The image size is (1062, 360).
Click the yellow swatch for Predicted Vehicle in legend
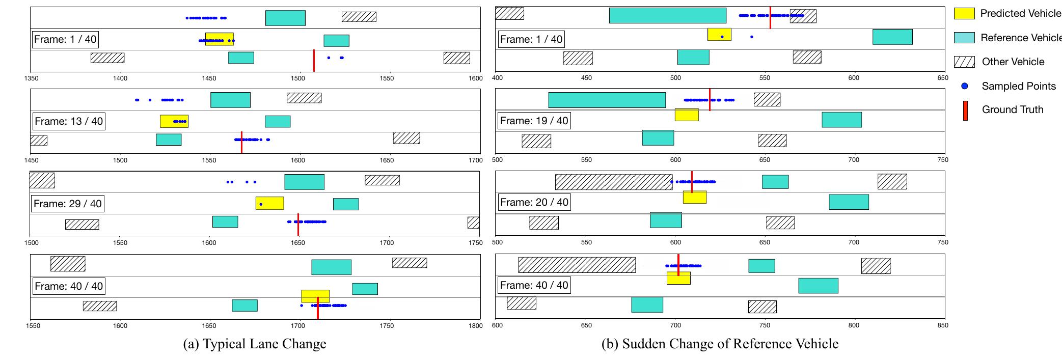coord(964,14)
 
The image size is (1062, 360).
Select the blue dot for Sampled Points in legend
coord(964,86)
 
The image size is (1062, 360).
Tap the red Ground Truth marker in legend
coord(965,110)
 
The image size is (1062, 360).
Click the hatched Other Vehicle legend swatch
coord(964,62)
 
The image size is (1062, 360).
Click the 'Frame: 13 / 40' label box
coord(69,121)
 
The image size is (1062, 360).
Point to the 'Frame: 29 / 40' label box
coord(68,204)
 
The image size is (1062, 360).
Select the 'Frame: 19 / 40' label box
coord(534,121)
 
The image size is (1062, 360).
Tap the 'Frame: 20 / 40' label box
coord(534,202)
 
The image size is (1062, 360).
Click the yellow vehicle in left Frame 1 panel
coord(220,39)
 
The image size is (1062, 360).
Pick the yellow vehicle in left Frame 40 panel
coord(315,296)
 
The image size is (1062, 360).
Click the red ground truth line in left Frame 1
coord(314,61)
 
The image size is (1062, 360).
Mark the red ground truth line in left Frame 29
coord(298,225)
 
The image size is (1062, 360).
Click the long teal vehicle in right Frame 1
coord(668,15)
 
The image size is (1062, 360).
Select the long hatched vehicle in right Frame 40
coord(577,265)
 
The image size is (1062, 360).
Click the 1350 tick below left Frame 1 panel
coord(31,78)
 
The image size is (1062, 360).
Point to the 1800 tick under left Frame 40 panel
coord(475,325)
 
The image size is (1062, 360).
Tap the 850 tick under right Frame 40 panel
coord(942,325)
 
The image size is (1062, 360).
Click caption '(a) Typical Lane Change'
coord(255,344)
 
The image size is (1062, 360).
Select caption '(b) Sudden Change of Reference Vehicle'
coord(720,344)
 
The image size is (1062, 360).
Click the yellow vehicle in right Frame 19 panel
coord(687,115)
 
